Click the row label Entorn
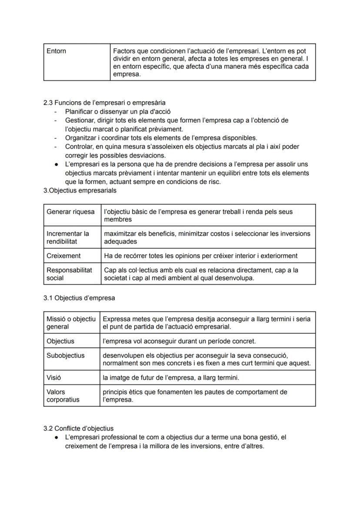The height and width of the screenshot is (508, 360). tap(57, 51)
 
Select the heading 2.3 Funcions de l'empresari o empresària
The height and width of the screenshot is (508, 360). tap(104, 103)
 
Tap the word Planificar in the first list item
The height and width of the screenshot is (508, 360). tap(79, 112)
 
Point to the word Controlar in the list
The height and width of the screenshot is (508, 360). tap(79, 147)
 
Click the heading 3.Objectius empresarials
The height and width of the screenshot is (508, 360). tap(80, 191)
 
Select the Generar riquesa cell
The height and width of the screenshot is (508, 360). tap(70, 212)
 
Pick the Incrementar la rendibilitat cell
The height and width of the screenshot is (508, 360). tap(68, 237)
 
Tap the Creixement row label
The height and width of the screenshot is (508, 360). tap(63, 256)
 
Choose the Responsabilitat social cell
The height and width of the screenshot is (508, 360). tap(69, 274)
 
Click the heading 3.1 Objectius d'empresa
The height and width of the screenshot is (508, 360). tap(79, 298)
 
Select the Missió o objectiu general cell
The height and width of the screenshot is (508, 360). tap(71, 322)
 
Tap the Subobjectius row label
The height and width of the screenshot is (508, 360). tap(66, 355)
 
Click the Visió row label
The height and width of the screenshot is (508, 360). tap(54, 378)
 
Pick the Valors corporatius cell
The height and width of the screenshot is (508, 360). tap(63, 395)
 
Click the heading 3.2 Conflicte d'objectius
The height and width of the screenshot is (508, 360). tap(78, 428)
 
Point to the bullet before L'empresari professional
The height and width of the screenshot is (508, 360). tap(57, 438)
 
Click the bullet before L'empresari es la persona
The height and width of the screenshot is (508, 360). tap(57, 165)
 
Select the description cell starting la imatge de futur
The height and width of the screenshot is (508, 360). tap(171, 378)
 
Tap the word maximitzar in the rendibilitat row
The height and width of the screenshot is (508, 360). tap(120, 233)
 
